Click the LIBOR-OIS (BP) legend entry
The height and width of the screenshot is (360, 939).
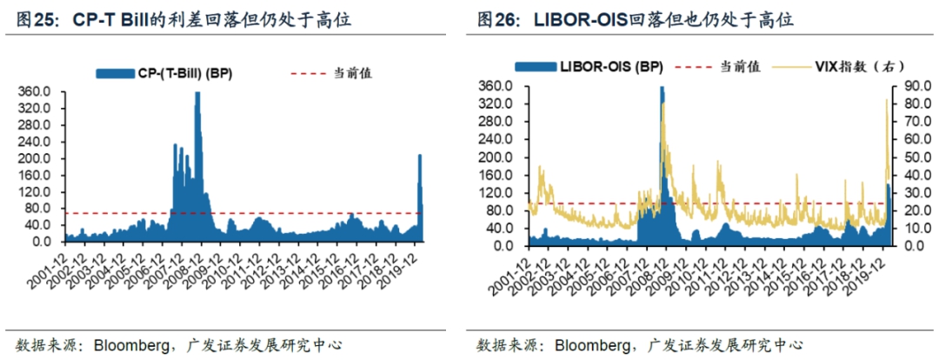tap(597, 66)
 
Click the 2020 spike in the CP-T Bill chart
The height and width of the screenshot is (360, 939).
tap(420, 157)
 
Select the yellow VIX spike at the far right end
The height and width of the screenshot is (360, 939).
tap(888, 101)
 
